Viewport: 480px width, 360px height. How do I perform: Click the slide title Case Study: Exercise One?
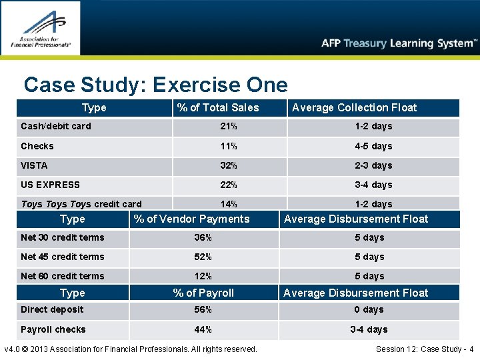[155, 85]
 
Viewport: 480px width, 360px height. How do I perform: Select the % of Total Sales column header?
[217, 107]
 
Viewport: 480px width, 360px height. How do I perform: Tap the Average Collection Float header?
[354, 107]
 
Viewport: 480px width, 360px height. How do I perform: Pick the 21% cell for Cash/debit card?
[229, 126]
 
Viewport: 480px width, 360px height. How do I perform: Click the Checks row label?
[37, 146]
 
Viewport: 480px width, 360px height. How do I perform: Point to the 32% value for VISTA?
[229, 165]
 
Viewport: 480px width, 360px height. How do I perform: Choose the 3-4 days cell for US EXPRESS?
[373, 185]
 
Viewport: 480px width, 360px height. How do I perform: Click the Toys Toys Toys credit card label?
[81, 204]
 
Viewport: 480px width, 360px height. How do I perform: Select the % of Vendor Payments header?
[191, 219]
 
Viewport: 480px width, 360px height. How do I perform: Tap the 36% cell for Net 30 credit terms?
[203, 237]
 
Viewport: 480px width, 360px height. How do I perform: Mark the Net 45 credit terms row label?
[63, 257]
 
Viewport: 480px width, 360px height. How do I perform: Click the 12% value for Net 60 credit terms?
[203, 276]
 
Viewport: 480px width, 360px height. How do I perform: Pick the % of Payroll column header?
[203, 293]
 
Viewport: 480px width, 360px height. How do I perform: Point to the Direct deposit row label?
[52, 309]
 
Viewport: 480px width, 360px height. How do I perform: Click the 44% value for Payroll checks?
[203, 329]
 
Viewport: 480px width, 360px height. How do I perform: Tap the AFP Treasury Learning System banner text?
[399, 43]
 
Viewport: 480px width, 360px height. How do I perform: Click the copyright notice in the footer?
[131, 349]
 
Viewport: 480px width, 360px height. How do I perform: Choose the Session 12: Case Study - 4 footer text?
[425, 349]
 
